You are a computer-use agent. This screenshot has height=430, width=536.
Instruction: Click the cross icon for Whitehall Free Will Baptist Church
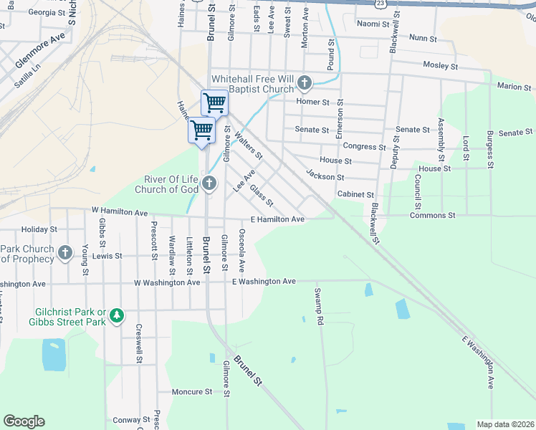click(x=305, y=83)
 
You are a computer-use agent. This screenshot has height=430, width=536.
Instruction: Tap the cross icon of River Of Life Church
click(x=209, y=183)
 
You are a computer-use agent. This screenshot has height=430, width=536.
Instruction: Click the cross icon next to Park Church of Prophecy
click(x=65, y=252)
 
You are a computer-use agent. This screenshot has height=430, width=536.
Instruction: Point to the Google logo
click(x=24, y=421)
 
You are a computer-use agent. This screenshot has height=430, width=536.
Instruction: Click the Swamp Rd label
click(x=319, y=306)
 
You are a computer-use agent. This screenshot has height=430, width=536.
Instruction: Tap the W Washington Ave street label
click(x=167, y=282)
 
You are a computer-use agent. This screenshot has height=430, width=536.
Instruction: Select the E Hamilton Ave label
click(x=278, y=219)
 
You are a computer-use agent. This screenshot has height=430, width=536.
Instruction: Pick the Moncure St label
click(x=192, y=392)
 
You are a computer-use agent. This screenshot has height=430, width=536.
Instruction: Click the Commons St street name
click(x=432, y=215)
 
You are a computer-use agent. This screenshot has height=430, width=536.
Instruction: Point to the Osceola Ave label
click(x=242, y=251)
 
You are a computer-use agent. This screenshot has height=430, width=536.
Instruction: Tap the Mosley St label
click(x=440, y=66)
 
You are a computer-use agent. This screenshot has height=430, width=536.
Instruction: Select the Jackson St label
click(x=325, y=175)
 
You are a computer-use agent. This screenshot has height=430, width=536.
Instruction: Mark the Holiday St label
click(x=39, y=229)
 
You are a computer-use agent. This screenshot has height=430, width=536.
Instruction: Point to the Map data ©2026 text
click(x=505, y=424)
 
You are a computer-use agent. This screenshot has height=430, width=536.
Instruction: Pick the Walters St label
click(x=245, y=141)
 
